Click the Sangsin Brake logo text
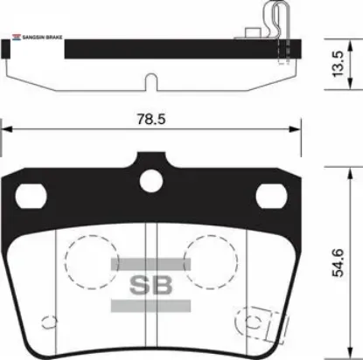coord(36,38)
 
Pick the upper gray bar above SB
coord(151,263)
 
